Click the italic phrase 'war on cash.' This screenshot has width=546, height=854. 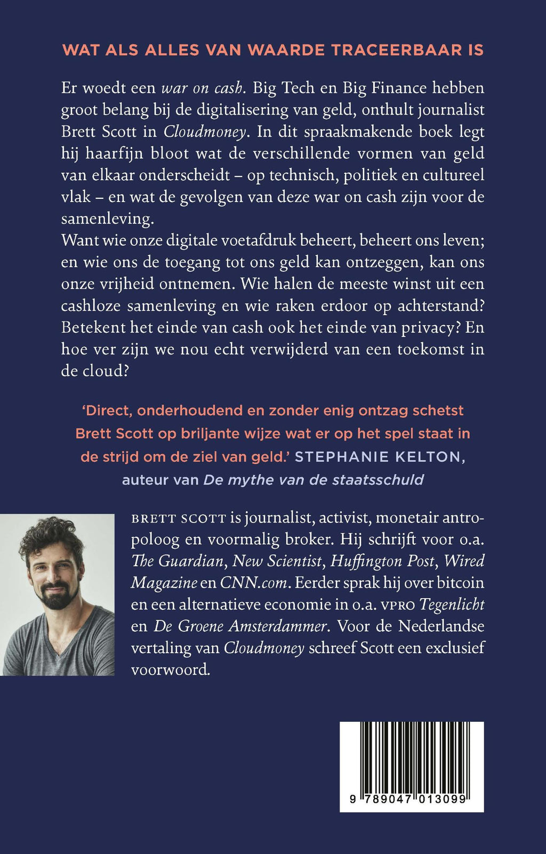click(203, 88)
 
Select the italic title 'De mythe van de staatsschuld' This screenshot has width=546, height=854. click(314, 480)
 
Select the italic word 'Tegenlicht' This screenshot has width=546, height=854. click(452, 605)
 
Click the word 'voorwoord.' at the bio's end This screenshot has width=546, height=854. click(171, 670)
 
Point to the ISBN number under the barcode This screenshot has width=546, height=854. click(411, 799)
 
